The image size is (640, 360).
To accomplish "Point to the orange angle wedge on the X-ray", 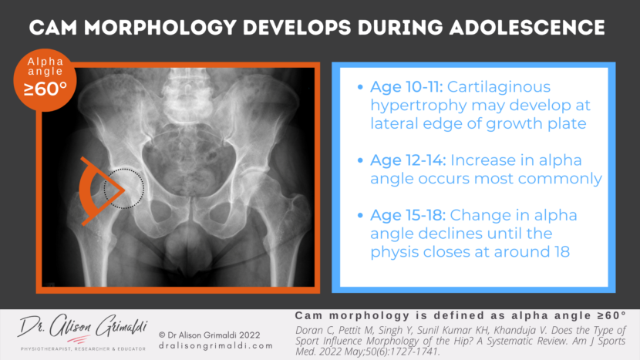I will [97, 188].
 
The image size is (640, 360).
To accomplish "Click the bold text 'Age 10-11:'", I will [399, 87].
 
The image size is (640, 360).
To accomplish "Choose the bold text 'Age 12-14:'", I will [399, 160].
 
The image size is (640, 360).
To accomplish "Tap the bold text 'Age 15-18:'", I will [399, 215].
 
